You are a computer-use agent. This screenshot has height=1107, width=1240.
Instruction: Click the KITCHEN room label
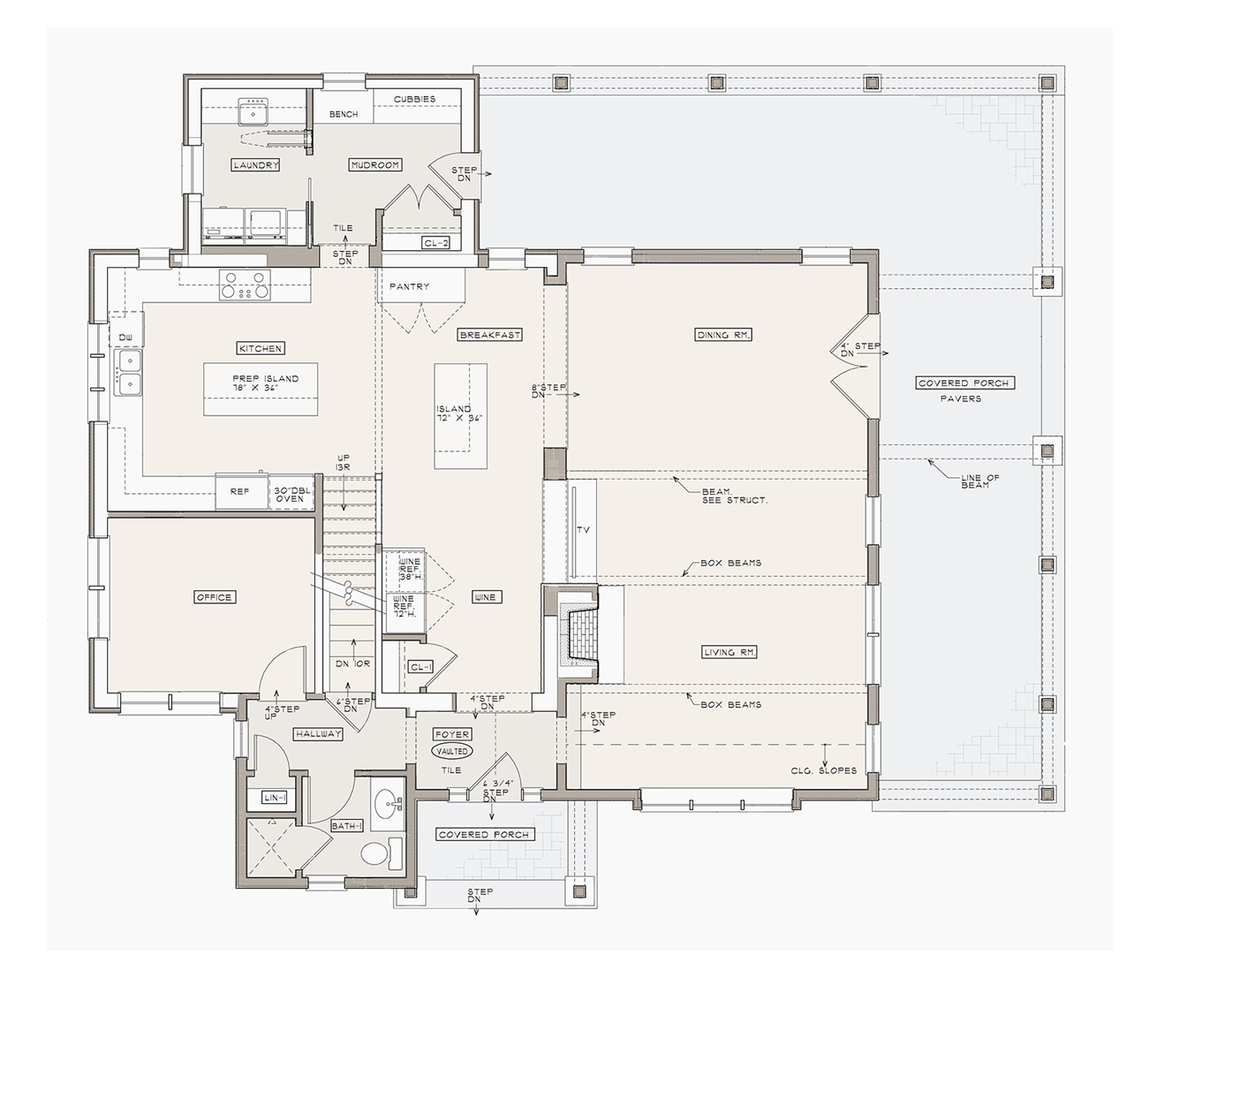click(x=261, y=348)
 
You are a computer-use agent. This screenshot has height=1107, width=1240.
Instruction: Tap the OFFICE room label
click(x=215, y=597)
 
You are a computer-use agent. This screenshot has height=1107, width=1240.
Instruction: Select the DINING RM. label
click(x=723, y=334)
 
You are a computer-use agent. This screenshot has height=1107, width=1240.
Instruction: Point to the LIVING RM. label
click(x=729, y=652)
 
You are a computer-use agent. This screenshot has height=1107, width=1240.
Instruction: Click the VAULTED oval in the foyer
click(x=452, y=751)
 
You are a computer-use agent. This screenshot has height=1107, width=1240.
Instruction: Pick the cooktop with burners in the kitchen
click(x=245, y=284)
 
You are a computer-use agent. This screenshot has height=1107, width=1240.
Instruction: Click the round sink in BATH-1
click(x=387, y=800)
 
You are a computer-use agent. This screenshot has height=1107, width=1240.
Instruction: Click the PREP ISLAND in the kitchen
click(x=261, y=389)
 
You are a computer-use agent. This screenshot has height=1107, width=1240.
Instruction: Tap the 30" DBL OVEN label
click(x=291, y=494)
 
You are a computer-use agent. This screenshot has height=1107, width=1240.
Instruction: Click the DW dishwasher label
click(x=125, y=337)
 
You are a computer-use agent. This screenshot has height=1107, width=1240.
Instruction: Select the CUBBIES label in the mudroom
click(x=414, y=99)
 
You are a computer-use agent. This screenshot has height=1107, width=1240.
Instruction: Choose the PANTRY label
click(x=410, y=286)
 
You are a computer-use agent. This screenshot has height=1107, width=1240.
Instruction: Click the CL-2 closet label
click(x=435, y=243)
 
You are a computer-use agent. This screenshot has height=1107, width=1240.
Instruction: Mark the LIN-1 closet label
click(x=274, y=797)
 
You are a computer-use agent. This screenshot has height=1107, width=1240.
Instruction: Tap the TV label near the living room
click(x=583, y=529)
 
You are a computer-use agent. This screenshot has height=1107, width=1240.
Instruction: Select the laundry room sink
click(x=253, y=112)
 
